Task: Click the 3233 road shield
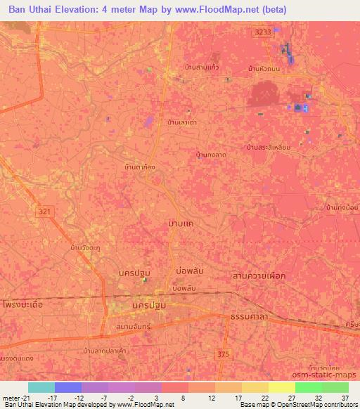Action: [x=262, y=32]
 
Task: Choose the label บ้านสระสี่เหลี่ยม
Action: [x=269, y=148]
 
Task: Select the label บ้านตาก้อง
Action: [x=139, y=168]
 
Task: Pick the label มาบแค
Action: [x=181, y=223]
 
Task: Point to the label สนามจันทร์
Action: [x=131, y=327]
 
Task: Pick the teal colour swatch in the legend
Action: [x=41, y=387]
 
